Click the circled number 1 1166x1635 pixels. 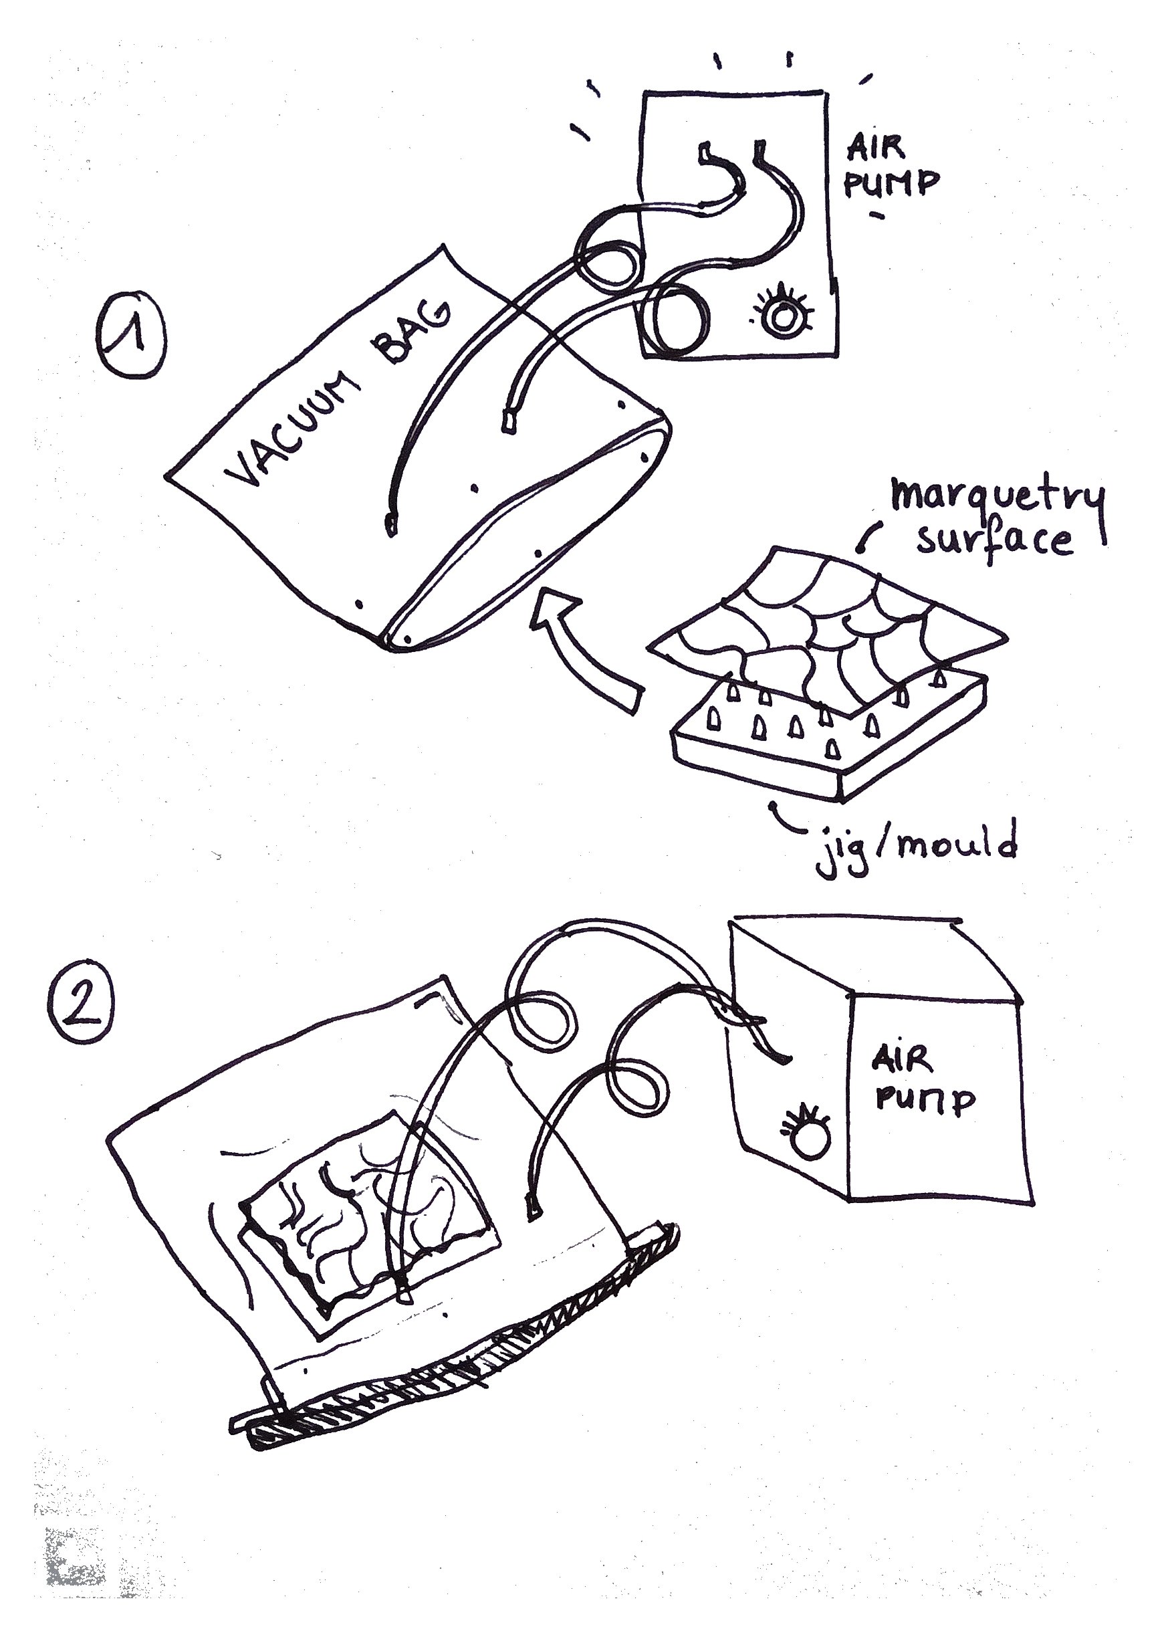point(132,334)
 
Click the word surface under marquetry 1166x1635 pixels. point(994,540)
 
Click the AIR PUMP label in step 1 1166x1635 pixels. point(891,167)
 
